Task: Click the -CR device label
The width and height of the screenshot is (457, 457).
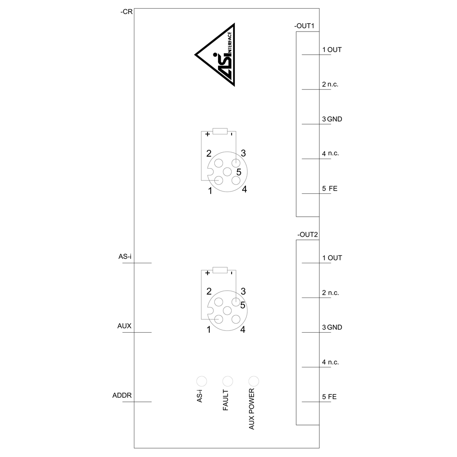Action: click(x=127, y=12)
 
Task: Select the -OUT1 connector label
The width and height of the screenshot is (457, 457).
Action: click(x=304, y=26)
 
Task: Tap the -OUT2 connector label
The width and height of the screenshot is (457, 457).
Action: click(x=308, y=234)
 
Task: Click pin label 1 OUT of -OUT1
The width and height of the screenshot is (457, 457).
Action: click(x=332, y=50)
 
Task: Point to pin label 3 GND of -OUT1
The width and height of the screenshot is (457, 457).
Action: click(x=332, y=119)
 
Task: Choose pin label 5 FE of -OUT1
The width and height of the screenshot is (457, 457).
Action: click(x=329, y=189)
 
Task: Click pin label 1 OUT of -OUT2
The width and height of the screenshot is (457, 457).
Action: click(x=332, y=258)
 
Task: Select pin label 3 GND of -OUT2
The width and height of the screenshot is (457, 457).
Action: click(x=332, y=327)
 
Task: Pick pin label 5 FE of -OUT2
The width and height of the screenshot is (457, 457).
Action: click(x=329, y=397)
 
